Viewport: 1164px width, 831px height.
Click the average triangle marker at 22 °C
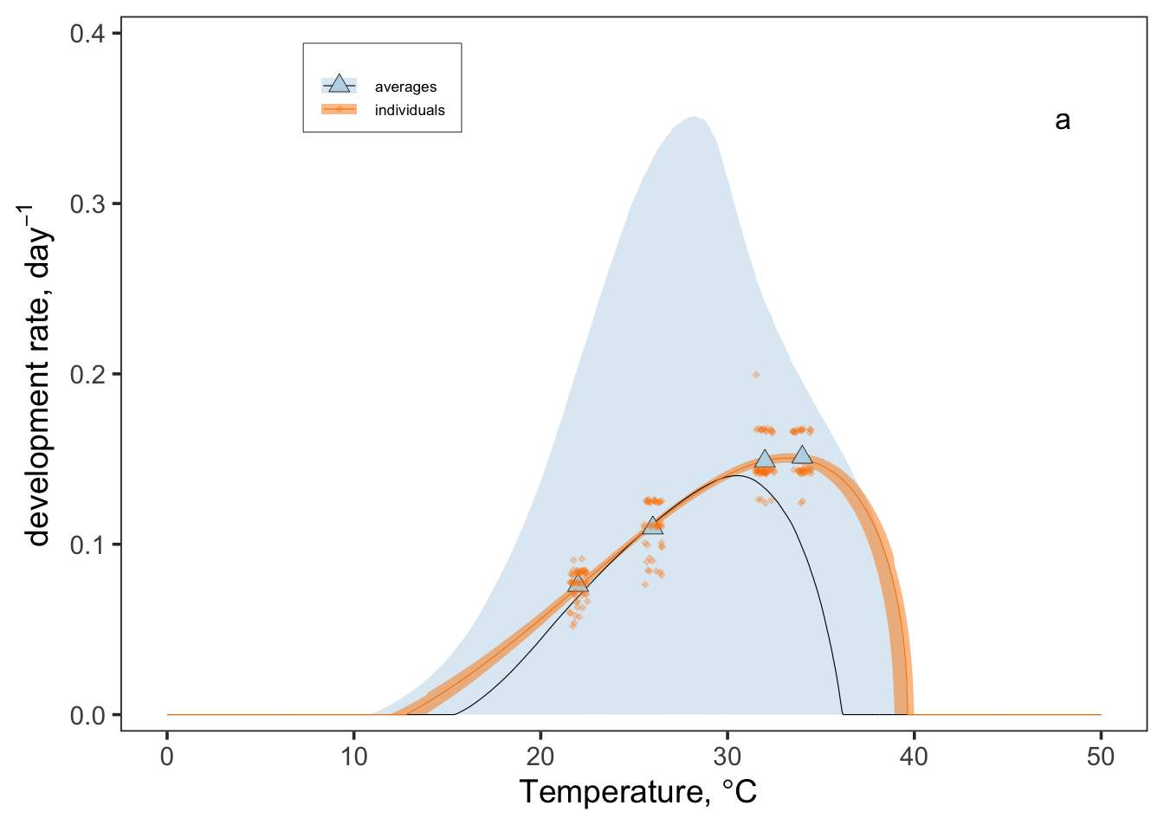pos(578,583)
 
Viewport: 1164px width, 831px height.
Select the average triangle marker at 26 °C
pos(653,525)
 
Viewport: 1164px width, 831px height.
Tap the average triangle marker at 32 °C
pos(765,459)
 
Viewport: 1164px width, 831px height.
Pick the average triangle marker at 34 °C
pos(802,455)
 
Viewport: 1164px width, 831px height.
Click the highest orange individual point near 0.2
pos(756,375)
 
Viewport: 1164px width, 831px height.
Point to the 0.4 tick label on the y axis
pos(87,34)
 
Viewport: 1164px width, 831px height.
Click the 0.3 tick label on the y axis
pos(87,204)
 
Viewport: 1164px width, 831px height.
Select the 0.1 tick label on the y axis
pos(87,545)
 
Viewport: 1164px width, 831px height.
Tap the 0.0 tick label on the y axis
pos(87,716)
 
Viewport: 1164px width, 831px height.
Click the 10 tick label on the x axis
pos(354,757)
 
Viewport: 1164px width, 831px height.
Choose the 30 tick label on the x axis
pos(727,757)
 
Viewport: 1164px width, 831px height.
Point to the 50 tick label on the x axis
pos(1101,757)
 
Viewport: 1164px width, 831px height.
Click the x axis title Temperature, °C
pos(638,792)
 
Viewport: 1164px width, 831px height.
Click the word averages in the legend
pos(405,87)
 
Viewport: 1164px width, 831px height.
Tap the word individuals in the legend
pos(410,111)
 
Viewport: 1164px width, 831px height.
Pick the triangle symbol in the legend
pos(339,85)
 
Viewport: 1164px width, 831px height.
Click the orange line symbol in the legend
pos(339,109)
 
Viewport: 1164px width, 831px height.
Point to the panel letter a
pos(1063,120)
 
